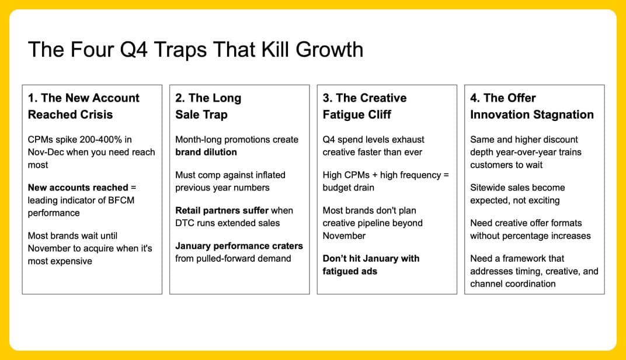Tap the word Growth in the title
[x=329, y=50]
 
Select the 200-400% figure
[x=100, y=140]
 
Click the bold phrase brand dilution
[x=206, y=152]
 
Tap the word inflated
[x=268, y=175]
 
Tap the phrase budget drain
[x=348, y=188]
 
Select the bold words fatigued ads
[x=350, y=271]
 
